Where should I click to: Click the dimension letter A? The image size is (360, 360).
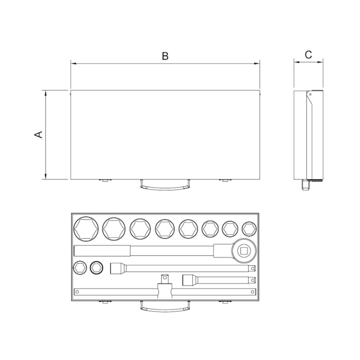39,135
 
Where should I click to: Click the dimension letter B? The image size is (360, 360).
165,56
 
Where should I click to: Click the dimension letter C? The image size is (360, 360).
308,55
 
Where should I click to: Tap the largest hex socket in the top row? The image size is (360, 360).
86,229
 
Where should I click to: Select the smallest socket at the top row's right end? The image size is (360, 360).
249,229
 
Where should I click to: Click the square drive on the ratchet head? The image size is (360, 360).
244,251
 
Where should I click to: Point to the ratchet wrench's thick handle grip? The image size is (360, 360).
102,251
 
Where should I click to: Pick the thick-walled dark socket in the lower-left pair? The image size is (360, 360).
96,268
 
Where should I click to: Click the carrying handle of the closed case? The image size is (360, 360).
165,185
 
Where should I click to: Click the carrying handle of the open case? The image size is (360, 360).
165,307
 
